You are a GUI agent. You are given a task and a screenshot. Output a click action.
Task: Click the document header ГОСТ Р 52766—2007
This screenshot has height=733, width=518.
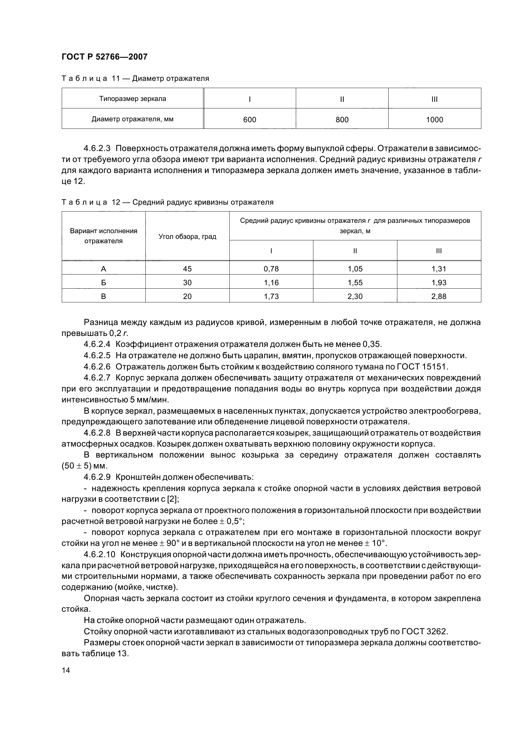tap(104, 57)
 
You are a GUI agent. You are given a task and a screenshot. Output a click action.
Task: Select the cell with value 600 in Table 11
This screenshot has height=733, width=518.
tap(249, 120)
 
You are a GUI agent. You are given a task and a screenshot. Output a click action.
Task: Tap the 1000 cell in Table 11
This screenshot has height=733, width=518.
tap(434, 120)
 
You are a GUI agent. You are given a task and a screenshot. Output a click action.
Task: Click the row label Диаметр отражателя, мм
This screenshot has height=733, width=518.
tap(133, 119)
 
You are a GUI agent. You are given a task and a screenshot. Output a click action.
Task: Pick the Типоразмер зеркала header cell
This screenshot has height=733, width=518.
tap(133, 99)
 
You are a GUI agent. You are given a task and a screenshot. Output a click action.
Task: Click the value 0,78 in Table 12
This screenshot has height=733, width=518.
tap(271, 269)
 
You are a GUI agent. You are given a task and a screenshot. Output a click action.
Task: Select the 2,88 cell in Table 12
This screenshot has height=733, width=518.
tap(438, 296)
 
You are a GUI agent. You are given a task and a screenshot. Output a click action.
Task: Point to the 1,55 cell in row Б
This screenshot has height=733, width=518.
tap(355, 283)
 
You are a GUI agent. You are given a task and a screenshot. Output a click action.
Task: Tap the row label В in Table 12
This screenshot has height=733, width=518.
tap(103, 296)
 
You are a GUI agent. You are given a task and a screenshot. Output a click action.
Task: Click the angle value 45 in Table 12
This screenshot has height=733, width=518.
tap(187, 269)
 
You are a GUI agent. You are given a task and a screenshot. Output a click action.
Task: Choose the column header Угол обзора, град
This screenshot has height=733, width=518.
tap(187, 237)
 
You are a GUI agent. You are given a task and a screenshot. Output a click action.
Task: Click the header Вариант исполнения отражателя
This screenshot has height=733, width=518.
tap(103, 236)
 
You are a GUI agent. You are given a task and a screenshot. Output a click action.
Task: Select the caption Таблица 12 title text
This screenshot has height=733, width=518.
tap(167, 202)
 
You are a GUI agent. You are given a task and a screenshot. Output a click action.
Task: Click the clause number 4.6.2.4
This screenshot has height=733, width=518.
tap(97, 344)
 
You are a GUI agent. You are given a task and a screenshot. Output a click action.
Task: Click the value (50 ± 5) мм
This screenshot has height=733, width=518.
tap(84, 466)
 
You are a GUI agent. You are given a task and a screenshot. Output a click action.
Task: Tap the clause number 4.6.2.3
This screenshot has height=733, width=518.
tap(97, 149)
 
